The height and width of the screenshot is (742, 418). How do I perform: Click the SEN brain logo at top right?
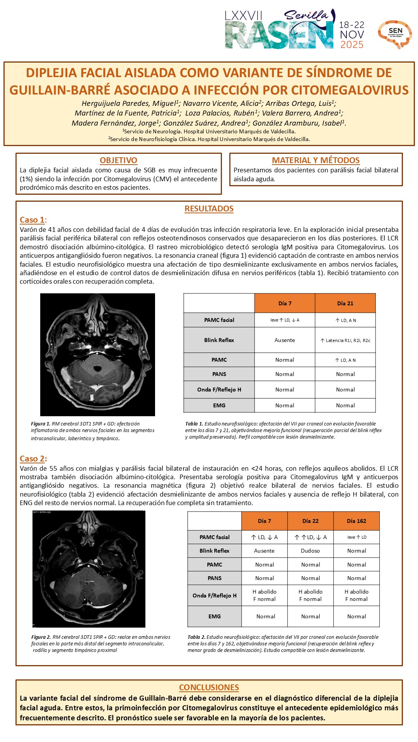point(395,34)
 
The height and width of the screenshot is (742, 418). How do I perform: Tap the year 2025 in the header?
point(352,45)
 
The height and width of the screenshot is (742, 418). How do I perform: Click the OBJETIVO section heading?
point(118,160)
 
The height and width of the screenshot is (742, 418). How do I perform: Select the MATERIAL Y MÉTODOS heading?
point(316,160)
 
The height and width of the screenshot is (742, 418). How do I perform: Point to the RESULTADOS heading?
point(209,209)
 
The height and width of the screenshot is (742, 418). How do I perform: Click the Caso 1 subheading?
point(32,220)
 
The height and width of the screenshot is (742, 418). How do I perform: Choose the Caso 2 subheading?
point(32,459)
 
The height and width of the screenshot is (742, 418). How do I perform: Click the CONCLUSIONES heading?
point(209,688)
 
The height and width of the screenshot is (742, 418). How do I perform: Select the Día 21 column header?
point(345,303)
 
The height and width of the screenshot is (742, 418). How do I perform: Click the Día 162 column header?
point(357,521)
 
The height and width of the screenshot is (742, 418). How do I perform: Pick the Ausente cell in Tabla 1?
point(285,340)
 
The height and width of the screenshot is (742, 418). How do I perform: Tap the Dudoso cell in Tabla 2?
point(311,551)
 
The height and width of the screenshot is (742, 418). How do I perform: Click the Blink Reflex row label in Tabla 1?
point(219,340)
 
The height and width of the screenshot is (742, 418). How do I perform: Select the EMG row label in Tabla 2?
point(215,616)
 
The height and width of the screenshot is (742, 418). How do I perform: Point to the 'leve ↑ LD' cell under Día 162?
point(357,537)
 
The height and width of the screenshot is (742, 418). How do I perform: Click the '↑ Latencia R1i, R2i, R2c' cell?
point(345,340)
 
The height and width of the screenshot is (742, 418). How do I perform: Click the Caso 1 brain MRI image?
point(97,354)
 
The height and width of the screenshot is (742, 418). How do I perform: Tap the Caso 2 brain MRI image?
point(89,569)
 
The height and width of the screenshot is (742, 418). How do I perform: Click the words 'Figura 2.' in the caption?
point(41,637)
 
